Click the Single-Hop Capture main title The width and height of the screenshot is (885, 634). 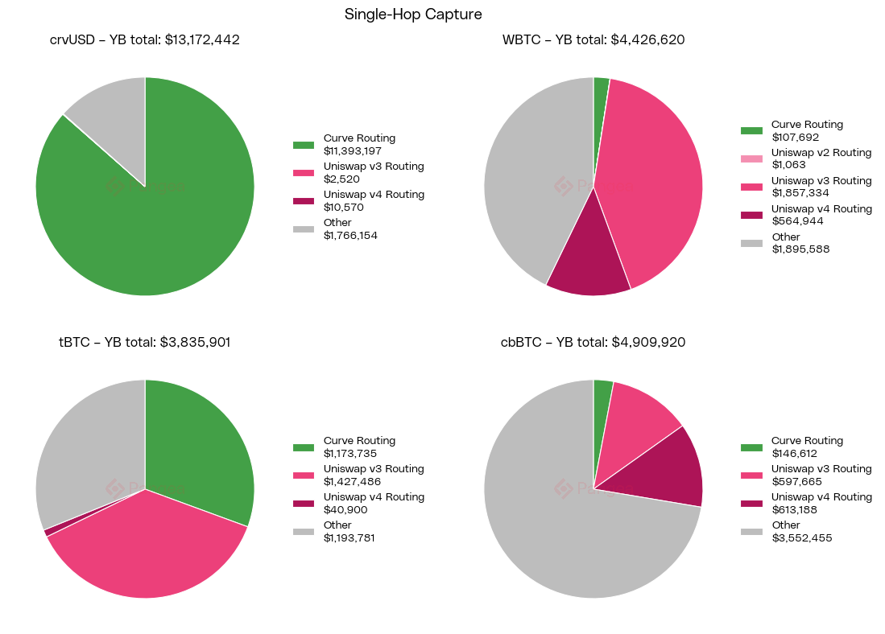(x=413, y=14)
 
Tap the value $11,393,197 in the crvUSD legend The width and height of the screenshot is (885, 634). (x=353, y=150)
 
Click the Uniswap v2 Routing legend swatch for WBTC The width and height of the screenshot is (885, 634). (x=751, y=158)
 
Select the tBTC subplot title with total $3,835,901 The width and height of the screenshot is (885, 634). (x=145, y=342)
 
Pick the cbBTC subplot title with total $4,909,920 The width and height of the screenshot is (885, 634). (x=593, y=342)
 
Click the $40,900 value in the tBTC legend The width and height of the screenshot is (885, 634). (x=344, y=509)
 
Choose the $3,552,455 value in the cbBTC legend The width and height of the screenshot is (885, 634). (x=802, y=537)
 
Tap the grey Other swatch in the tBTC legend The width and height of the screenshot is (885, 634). (x=304, y=532)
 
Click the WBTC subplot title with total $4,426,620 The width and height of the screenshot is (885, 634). (x=593, y=39)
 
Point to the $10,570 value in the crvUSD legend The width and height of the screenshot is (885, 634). (x=344, y=207)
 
